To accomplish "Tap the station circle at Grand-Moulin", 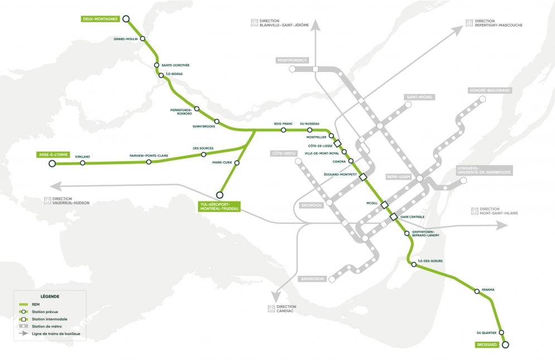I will pos(143,39).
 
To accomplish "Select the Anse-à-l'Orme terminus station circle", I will pos(52,164).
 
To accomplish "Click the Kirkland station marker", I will pos(83,163).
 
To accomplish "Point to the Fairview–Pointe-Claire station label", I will pos(148,156).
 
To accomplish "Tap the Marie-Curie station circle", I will pos(237,163).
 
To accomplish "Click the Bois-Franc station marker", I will pos(283,130).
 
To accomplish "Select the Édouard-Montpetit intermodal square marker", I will pos(363,177).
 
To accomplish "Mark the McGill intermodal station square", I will pos(384,205).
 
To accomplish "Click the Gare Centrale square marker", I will pos(393,217).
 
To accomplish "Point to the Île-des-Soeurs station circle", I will pos(414,265).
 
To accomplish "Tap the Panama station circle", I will pos(476,291).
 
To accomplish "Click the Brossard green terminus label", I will pos(486,345).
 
